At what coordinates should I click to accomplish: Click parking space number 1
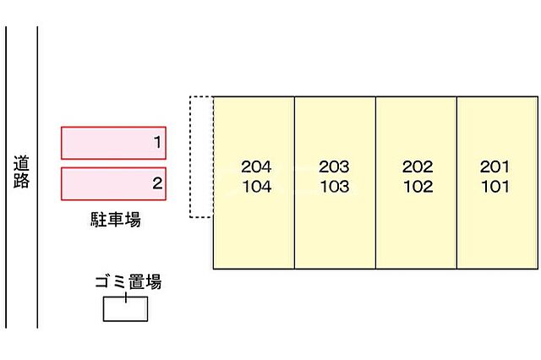[113, 143]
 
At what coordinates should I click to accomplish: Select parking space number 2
[113, 183]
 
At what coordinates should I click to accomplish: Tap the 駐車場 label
[115, 221]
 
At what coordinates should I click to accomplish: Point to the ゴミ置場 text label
[128, 282]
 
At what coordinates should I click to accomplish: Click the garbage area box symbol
[125, 309]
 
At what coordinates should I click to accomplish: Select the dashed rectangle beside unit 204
[201, 156]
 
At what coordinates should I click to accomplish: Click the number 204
[256, 166]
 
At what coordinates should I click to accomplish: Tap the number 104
[256, 187]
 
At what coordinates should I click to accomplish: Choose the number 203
[334, 166]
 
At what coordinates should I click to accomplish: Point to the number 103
[334, 187]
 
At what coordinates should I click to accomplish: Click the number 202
[418, 166]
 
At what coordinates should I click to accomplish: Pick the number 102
[418, 187]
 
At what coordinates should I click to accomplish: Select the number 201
[495, 166]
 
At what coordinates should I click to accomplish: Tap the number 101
[495, 187]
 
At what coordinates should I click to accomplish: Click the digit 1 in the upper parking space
[157, 143]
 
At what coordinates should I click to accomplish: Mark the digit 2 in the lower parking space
[157, 183]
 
